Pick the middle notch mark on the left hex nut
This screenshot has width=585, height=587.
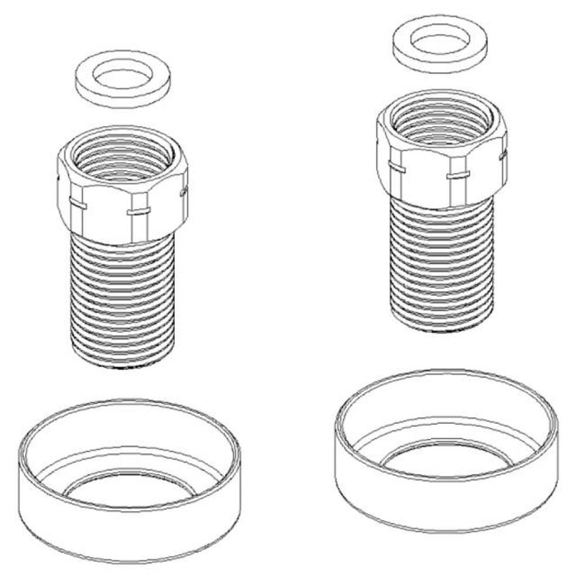tap(139, 210)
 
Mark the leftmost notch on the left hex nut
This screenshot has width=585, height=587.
tap(77, 204)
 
